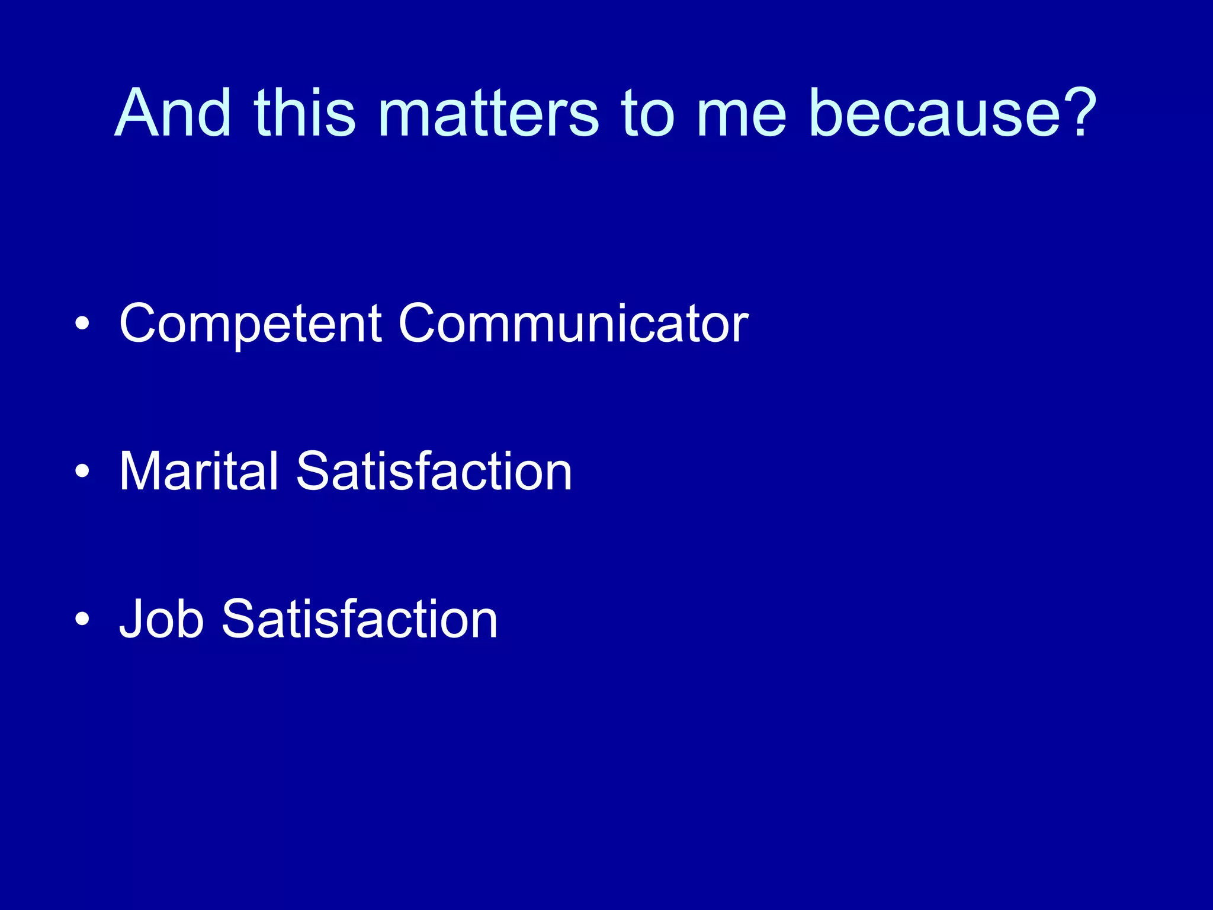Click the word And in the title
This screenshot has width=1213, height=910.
(173, 113)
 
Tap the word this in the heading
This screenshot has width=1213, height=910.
(304, 113)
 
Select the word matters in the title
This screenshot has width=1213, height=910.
(489, 113)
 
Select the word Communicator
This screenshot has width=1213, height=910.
(573, 323)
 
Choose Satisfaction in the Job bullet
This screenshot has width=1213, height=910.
(359, 619)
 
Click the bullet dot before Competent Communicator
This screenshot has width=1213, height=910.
(82, 324)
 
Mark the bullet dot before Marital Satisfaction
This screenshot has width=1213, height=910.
(82, 472)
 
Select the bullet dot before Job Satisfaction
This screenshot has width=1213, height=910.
(82, 619)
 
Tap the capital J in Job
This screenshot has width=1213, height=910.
(131, 619)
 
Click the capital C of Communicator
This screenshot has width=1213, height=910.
(422, 323)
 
